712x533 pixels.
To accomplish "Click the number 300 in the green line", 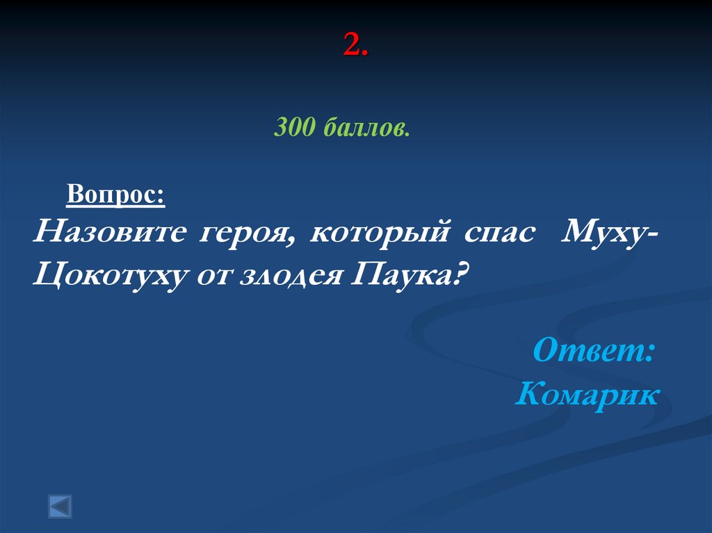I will [x=295, y=127].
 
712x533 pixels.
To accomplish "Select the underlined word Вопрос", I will [x=113, y=193].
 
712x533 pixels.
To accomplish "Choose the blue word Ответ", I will [x=588, y=350].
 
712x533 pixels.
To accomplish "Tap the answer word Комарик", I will [x=587, y=395].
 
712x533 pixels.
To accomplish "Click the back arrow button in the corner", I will [x=60, y=506].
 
